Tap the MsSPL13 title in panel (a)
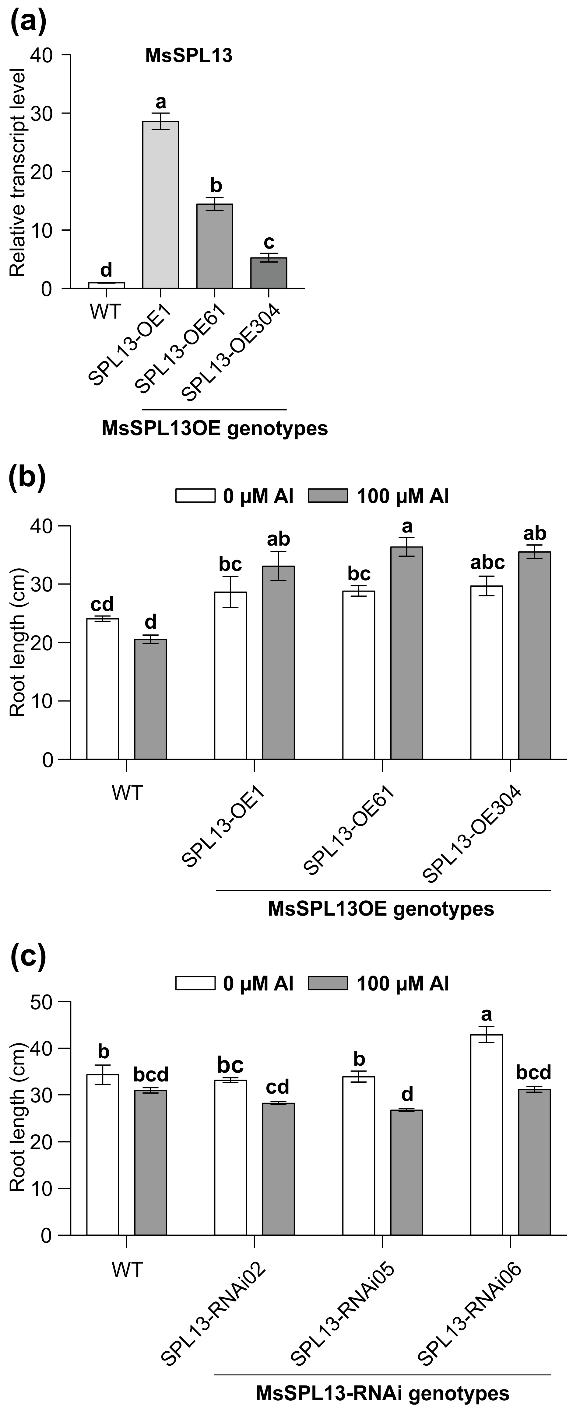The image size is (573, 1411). (x=188, y=56)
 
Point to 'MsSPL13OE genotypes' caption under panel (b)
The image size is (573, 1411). (x=381, y=909)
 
